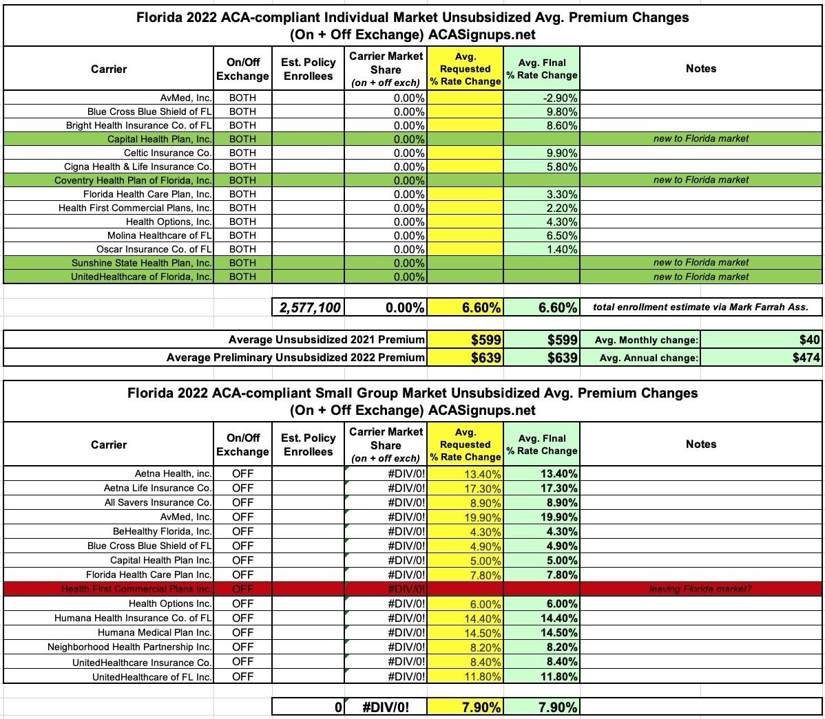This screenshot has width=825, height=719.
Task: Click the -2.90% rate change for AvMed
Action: click(558, 98)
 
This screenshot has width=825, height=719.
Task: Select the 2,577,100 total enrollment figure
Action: click(310, 308)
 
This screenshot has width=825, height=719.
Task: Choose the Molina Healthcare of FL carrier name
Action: click(159, 235)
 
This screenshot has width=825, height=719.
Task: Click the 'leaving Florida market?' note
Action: click(700, 589)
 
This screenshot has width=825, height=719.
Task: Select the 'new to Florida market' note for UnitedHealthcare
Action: click(700, 277)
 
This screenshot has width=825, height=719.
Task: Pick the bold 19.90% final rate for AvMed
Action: click(558, 517)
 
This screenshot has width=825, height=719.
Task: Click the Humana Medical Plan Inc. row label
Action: click(154, 632)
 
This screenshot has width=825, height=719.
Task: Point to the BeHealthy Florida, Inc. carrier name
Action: click(162, 531)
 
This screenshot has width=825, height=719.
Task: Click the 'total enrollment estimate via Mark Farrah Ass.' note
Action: click(700, 308)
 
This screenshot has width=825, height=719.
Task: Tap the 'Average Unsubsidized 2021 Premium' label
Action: click(326, 339)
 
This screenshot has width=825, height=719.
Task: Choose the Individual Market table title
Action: click(412, 25)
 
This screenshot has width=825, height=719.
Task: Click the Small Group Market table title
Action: click(412, 401)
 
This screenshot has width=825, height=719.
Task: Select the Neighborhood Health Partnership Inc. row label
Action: click(129, 647)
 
